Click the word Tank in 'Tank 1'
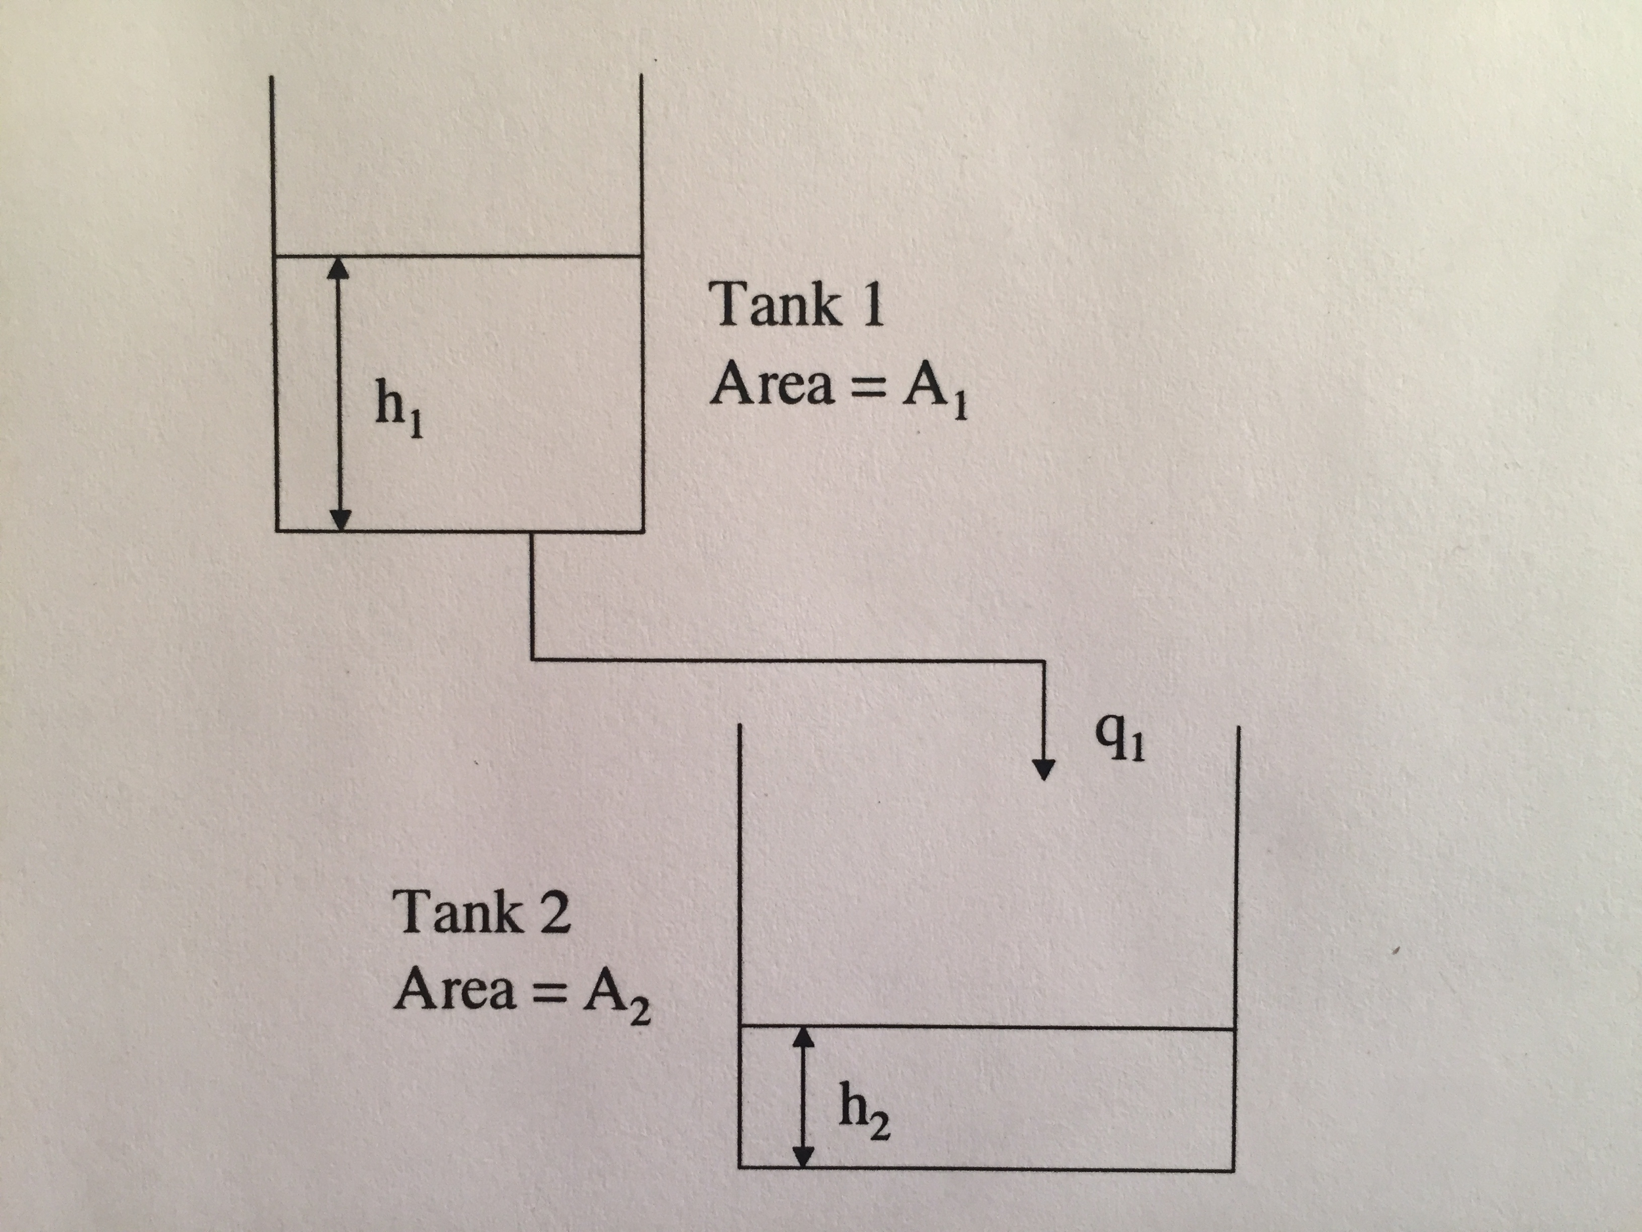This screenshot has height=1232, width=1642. pos(776,304)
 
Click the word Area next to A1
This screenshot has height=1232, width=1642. pos(772,384)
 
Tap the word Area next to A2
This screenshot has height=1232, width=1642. pos(455,990)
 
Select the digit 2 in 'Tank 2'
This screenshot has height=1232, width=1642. pos(554,913)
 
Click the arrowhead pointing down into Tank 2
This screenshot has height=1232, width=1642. pos(1044,769)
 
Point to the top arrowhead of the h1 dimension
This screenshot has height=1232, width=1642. pos(338,268)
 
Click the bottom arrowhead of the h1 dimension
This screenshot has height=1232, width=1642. pos(338,520)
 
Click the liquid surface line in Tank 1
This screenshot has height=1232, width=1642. pos(490,257)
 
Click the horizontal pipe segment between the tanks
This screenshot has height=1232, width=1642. pos(787,660)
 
